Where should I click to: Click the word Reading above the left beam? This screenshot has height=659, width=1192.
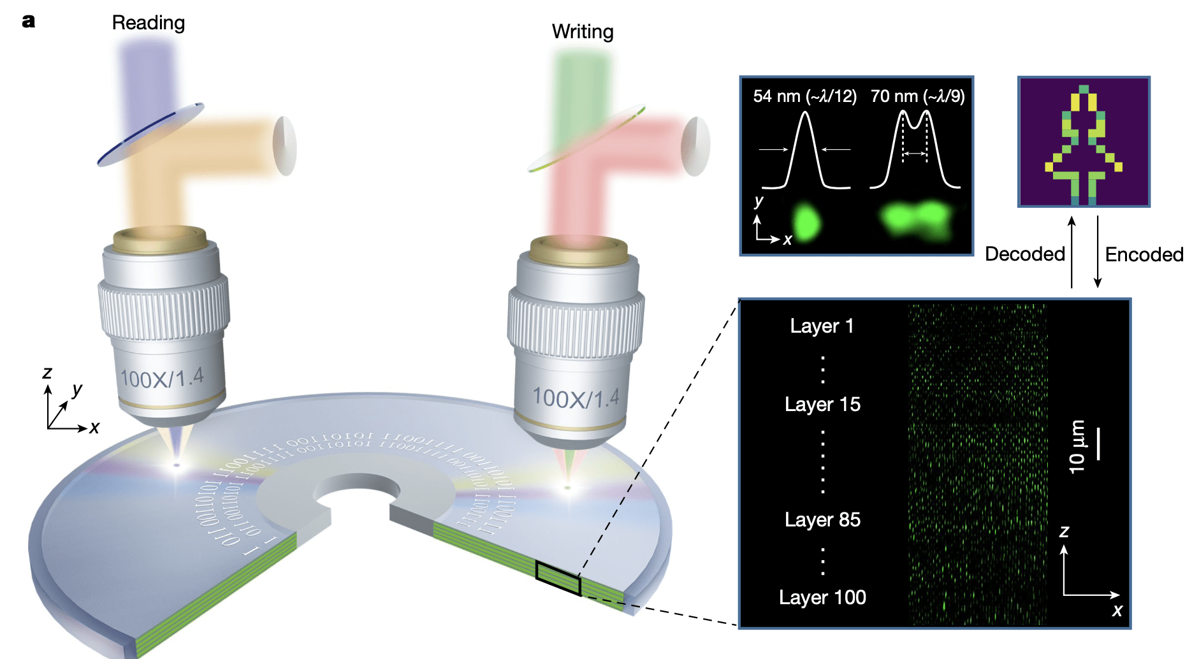pyautogui.click(x=149, y=23)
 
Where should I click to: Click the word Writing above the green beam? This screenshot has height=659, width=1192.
pyautogui.click(x=583, y=32)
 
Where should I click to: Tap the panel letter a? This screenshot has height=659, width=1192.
pyautogui.click(x=29, y=22)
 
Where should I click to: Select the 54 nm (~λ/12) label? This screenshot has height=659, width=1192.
pyautogui.click(x=804, y=96)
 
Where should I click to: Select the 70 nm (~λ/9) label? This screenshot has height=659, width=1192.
pyautogui.click(x=917, y=96)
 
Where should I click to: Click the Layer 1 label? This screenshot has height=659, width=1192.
pyautogui.click(x=822, y=326)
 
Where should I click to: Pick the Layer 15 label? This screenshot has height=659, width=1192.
pyautogui.click(x=822, y=405)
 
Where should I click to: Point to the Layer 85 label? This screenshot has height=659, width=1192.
pyautogui.click(x=822, y=520)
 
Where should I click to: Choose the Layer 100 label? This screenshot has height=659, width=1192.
pyautogui.click(x=822, y=598)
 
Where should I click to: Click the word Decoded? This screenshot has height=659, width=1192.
pyautogui.click(x=1025, y=254)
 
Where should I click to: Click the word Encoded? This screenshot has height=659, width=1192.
pyautogui.click(x=1144, y=255)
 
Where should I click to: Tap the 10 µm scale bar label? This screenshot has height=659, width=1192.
pyautogui.click(x=1077, y=447)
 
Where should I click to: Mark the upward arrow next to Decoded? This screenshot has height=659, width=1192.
pyautogui.click(x=1072, y=252)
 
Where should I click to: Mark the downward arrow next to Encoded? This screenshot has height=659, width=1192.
pyautogui.click(x=1098, y=252)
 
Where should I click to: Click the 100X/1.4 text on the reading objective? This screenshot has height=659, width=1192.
pyautogui.click(x=163, y=379)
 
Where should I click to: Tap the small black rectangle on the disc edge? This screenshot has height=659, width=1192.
pyautogui.click(x=558, y=579)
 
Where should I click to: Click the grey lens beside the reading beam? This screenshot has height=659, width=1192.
pyautogui.click(x=284, y=146)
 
